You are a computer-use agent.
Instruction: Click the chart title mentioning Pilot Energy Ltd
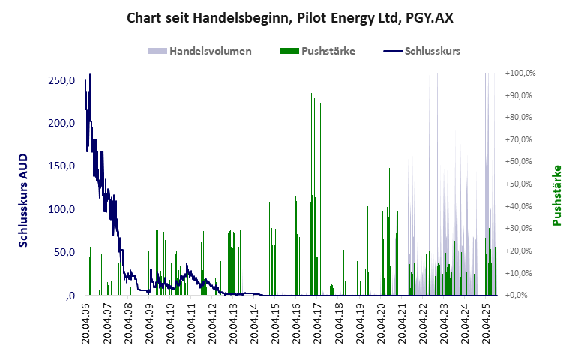click(289, 16)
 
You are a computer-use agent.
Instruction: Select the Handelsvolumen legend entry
click(199, 52)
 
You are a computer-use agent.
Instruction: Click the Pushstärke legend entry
click(317, 52)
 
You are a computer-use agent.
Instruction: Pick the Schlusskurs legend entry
click(421, 52)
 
